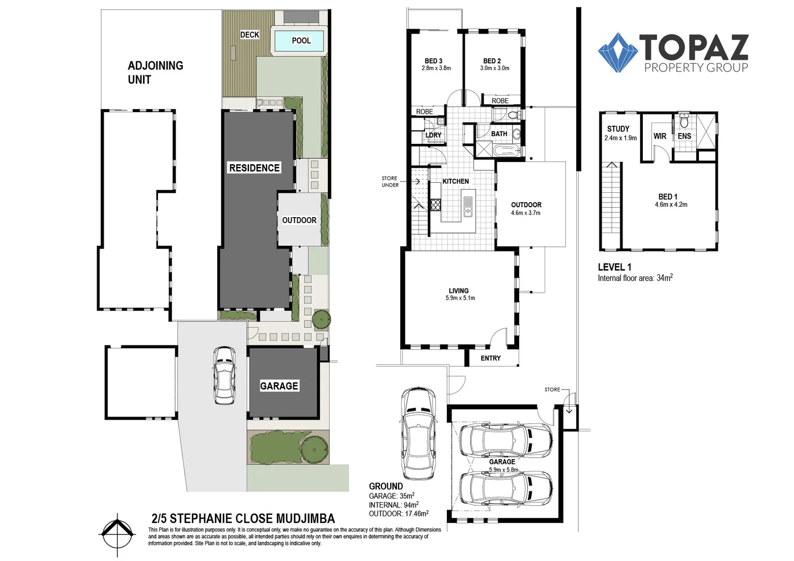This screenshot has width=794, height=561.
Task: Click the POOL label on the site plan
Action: pyautogui.click(x=301, y=41)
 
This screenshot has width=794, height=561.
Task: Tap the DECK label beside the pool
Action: pyautogui.click(x=249, y=35)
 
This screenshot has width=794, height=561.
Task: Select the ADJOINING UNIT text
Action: pyautogui.click(x=155, y=72)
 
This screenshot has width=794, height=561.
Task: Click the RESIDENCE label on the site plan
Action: pyautogui.click(x=255, y=168)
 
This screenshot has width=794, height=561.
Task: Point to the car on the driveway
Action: pyautogui.click(x=224, y=375)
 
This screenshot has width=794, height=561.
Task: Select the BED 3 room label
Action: pyautogui.click(x=433, y=61)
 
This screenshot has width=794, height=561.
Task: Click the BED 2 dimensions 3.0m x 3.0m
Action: pyautogui.click(x=495, y=68)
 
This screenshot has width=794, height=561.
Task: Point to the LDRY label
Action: pyautogui.click(x=433, y=135)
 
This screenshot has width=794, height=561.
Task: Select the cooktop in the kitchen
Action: pyautogui.click(x=435, y=205)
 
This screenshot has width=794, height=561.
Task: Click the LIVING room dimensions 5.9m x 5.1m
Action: pyautogui.click(x=460, y=298)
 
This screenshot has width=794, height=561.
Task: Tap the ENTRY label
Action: pyautogui.click(x=491, y=358)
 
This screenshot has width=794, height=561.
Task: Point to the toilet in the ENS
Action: pyautogui.click(x=684, y=122)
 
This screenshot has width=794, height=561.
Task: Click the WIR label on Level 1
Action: pyautogui.click(x=660, y=136)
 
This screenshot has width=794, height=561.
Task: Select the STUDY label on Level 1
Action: pyautogui.click(x=618, y=129)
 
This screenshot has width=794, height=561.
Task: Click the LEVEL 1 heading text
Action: pyautogui.click(x=614, y=267)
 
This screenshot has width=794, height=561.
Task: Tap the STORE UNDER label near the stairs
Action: pyautogui.click(x=390, y=182)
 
